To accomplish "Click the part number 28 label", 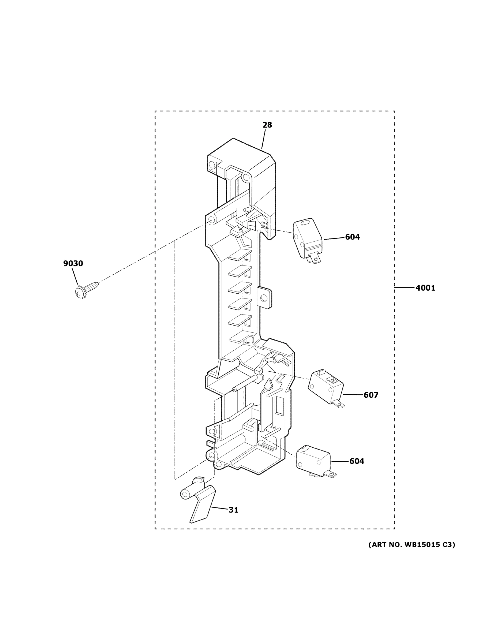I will coord(267,125).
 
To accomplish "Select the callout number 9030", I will coord(73,264).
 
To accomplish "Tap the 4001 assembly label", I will coord(425,288).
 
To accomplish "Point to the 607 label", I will coord(371,395).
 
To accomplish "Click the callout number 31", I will coord(233,510).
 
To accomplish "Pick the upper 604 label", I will coord(352,237).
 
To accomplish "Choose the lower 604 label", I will coord(357,461).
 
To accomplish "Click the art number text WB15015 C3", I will coord(412,545).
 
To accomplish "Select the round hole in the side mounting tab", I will coord(264,298).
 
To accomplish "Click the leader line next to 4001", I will coord(404,287).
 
